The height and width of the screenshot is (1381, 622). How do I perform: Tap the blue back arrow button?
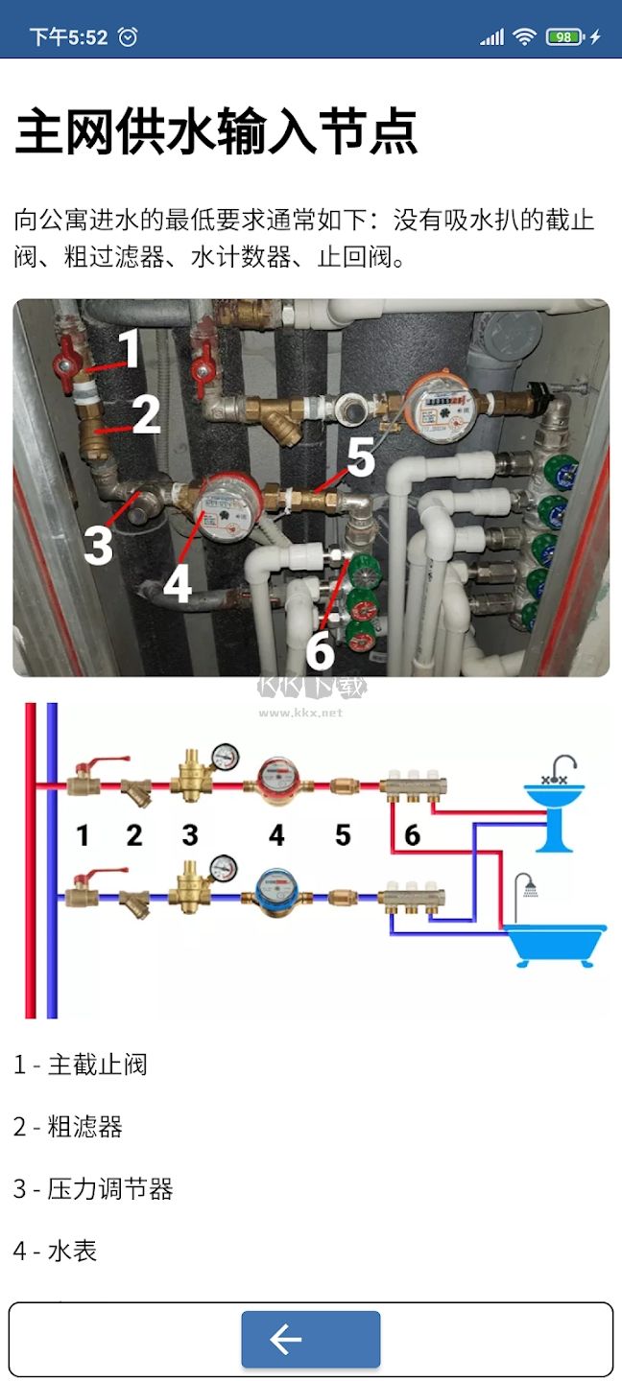coord(310,1339)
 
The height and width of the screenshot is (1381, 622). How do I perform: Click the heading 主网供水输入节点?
coord(216,132)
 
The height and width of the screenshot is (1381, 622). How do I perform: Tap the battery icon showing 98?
coord(564,37)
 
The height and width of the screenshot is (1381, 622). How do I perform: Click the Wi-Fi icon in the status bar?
coord(524,37)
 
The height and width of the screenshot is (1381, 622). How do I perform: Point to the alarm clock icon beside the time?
coord(128,37)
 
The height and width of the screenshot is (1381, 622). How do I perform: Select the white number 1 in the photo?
coord(130,350)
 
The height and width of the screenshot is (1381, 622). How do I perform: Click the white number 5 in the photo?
coord(360,458)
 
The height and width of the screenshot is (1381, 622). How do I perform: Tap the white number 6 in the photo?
coord(320,651)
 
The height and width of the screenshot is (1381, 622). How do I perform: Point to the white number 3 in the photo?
coord(98,545)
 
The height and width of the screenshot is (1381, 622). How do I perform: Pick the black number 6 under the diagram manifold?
coord(412,835)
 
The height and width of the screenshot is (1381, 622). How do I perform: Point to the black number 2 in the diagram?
coord(134,835)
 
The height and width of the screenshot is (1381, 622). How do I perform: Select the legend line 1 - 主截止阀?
coord(81,1065)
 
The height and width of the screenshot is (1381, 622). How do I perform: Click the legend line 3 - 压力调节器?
coord(93,1189)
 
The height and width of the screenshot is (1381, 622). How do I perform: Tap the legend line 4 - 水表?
coord(56,1251)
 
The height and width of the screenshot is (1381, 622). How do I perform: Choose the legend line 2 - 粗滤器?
coord(68,1127)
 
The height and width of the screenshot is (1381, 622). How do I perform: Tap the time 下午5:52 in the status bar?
coord(68,37)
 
